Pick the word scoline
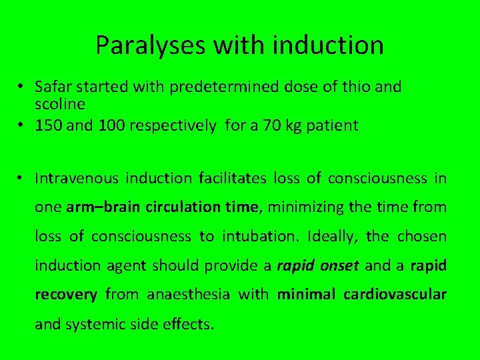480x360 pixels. (59, 105)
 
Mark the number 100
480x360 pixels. (108, 125)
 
